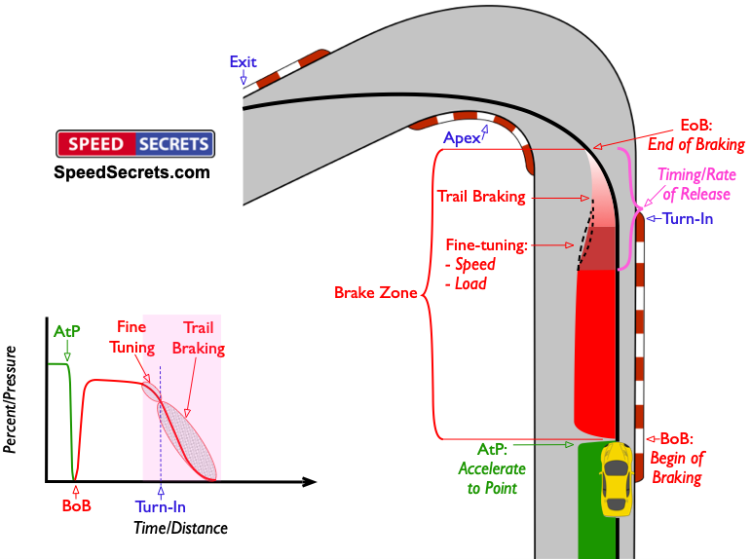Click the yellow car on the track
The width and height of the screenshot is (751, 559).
click(x=616, y=479)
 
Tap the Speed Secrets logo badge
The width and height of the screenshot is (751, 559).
click(x=135, y=144)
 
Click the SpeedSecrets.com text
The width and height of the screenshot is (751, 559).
click(x=131, y=172)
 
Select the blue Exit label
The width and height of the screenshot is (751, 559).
click(x=243, y=61)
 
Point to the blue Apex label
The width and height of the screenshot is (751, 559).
click(x=462, y=138)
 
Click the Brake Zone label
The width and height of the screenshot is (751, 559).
click(x=376, y=292)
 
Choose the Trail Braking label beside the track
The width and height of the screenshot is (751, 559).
click(x=481, y=197)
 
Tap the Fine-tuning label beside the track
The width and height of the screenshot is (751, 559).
click(x=487, y=245)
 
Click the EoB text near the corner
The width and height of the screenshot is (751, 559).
click(x=696, y=126)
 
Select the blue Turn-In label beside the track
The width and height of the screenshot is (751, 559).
click(x=688, y=219)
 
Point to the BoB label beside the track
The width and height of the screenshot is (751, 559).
click(x=676, y=438)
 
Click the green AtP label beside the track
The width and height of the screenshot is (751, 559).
click(x=492, y=449)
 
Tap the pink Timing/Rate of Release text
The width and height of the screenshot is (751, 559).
click(x=696, y=184)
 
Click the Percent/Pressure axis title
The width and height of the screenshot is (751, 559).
click(x=10, y=399)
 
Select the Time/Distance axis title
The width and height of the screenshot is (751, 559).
click(x=180, y=528)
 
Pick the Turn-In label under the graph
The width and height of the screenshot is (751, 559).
click(x=161, y=506)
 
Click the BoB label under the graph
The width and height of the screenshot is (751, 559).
click(x=77, y=505)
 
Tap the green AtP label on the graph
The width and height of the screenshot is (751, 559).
click(x=66, y=331)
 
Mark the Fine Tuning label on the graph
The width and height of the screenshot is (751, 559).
click(x=131, y=337)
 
